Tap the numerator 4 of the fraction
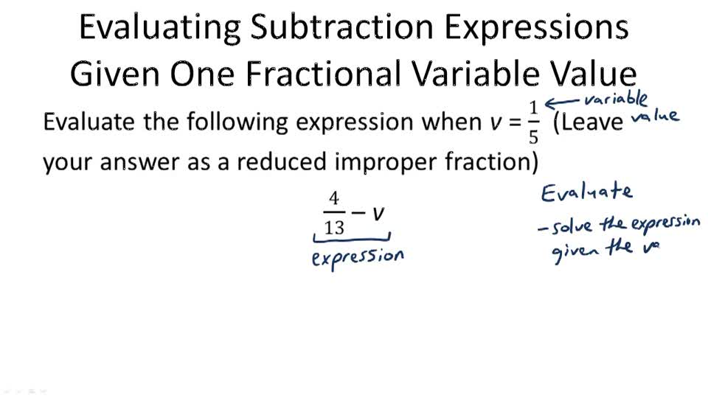pos(334,200)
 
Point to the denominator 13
pos(334,227)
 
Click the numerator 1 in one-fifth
pos(533,108)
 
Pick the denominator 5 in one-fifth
pos(533,136)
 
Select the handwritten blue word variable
pos(616,99)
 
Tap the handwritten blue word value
pos(656,117)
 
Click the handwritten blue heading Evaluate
pos(586,193)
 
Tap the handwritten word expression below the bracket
pos(358,258)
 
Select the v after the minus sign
pos(378,214)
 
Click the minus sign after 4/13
pos(358,214)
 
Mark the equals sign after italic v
pos(514,122)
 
